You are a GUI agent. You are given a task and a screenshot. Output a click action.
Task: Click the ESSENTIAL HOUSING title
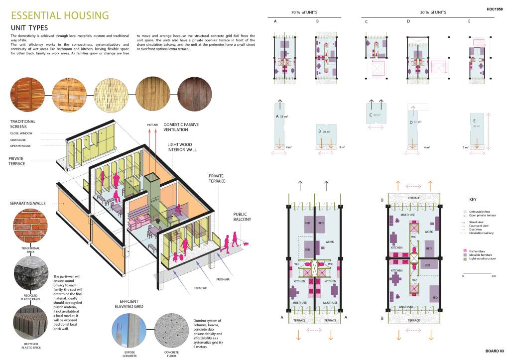[59, 15]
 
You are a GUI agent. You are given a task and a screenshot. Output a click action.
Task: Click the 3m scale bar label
[492, 275]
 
